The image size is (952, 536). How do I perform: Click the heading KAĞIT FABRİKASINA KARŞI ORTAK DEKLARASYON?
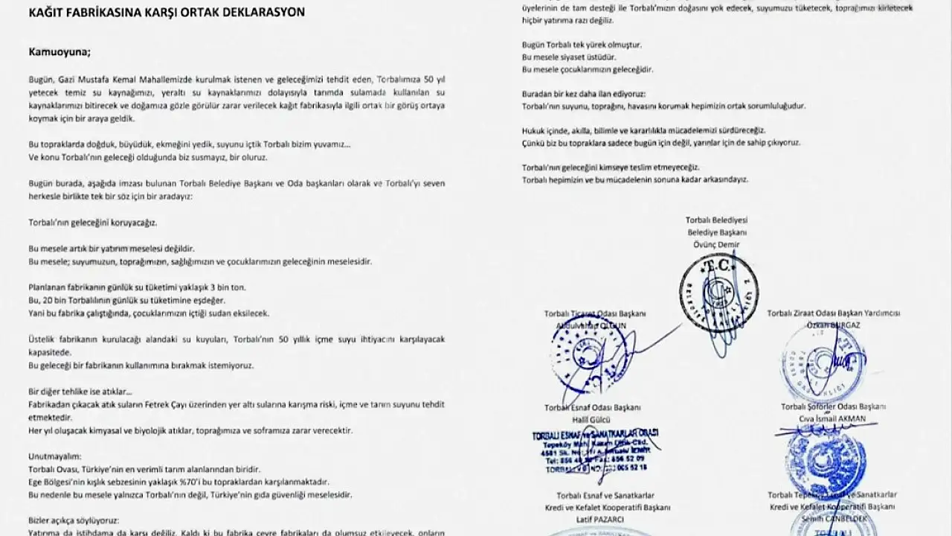[x=166, y=13]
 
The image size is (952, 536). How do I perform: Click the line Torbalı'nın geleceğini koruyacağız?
[x=93, y=222]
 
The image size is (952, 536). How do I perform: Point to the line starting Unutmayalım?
[x=54, y=456]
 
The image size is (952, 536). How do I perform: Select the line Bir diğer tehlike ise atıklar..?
[x=80, y=392]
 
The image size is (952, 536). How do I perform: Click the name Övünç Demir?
[x=718, y=245]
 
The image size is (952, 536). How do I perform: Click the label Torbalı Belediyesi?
[x=717, y=220]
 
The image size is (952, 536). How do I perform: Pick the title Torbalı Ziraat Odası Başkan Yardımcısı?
[x=833, y=313]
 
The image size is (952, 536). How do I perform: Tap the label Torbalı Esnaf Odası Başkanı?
[x=592, y=407]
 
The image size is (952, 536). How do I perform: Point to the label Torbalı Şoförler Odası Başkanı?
[x=833, y=406]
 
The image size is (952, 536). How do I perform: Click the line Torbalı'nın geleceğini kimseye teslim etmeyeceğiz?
[x=611, y=167]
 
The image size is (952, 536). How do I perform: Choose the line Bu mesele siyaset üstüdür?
[x=569, y=57]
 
